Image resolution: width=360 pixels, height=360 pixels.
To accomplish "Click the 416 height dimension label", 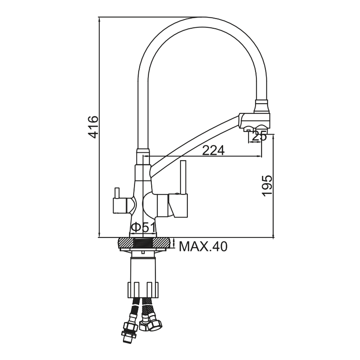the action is click(94, 127).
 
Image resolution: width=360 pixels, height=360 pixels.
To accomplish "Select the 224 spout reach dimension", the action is click(213, 150).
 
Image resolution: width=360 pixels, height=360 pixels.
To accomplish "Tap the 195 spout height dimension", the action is click(267, 186).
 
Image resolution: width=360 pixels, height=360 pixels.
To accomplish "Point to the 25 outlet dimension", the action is click(259, 136).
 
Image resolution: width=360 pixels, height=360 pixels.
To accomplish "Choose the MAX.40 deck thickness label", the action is click(203, 246).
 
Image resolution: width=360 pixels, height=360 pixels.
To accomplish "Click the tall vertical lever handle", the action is click(184, 178).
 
